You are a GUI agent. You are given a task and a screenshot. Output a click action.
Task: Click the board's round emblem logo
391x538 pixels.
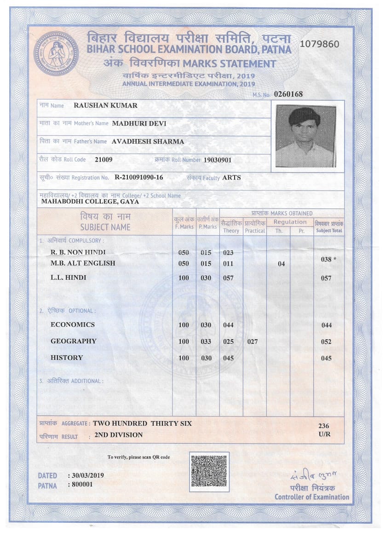(56, 53)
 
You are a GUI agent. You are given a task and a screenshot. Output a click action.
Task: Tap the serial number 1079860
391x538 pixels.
(319, 44)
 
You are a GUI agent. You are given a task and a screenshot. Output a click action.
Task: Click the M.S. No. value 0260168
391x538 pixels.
(288, 94)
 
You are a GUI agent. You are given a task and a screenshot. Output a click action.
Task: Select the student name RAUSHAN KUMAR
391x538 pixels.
(105, 105)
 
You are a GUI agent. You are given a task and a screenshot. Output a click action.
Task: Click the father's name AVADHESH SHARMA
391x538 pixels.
(148, 141)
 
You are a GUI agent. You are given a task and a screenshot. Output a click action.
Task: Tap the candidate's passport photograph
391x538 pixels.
(305, 136)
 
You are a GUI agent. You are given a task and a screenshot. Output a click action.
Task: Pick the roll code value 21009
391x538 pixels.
(103, 160)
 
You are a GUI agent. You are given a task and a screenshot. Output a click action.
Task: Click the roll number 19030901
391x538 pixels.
(218, 160)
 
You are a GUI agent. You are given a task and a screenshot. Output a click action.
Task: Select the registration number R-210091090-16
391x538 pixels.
(138, 177)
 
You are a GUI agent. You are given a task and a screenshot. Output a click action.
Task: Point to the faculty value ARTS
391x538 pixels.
(231, 177)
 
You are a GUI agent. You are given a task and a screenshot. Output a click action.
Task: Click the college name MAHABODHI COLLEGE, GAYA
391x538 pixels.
(90, 202)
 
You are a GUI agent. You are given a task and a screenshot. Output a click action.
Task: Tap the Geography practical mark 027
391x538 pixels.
(253, 341)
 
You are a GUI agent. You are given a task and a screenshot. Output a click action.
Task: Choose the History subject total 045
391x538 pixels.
(327, 358)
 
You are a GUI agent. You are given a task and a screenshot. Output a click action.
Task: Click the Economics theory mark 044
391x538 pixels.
(228, 325)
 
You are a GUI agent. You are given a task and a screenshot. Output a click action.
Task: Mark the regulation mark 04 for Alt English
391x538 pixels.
(282, 264)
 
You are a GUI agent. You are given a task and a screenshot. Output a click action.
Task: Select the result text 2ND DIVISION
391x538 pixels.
(118, 435)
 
